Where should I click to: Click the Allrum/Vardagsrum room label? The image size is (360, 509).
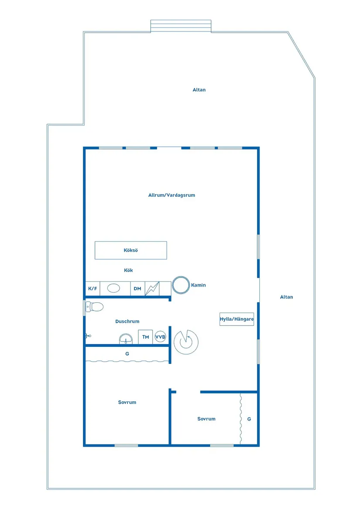point(171,195)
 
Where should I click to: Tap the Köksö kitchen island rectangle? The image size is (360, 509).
point(130,250)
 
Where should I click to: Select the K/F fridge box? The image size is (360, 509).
point(93,289)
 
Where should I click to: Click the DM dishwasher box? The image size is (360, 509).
point(137,289)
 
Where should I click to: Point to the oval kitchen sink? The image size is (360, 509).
point(113,288)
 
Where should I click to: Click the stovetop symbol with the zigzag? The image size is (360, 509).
point(152,289)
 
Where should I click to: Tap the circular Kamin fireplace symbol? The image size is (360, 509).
point(181,285)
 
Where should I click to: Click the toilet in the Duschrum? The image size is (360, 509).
point(95,307)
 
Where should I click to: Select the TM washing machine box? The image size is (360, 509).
point(146,337)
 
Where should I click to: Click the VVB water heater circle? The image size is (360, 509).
point(160,337)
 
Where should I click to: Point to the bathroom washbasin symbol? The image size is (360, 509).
point(126,339)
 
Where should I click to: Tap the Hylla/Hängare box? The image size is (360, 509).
point(237,319)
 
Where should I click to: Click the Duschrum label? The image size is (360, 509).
point(127,321)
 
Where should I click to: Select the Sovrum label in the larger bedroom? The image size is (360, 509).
point(127,402)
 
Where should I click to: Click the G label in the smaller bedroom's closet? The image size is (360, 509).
point(249,419)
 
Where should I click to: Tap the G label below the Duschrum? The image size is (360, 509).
point(127,354)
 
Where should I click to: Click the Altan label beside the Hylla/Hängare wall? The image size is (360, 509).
point(287,297)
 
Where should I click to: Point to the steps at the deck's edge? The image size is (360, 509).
point(181,26)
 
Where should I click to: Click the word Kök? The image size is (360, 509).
point(128,270)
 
